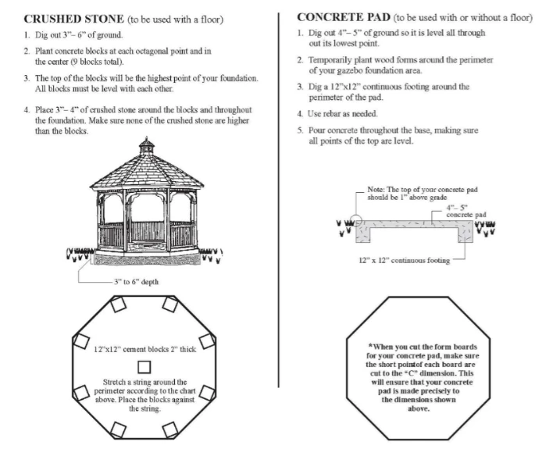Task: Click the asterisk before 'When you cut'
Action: [x=370, y=344]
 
